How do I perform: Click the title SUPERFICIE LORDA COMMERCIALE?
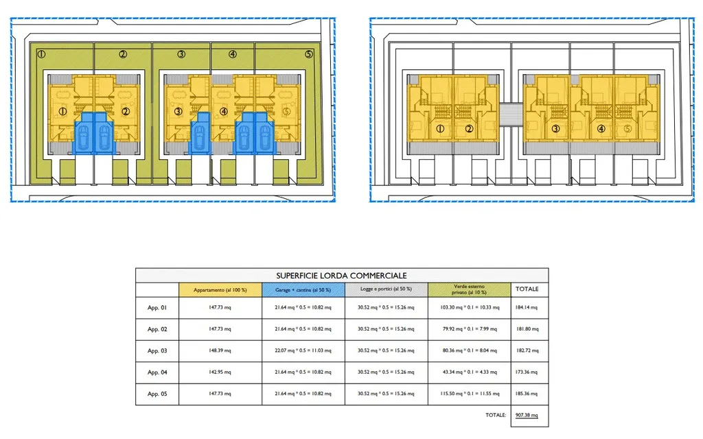pos(342,275)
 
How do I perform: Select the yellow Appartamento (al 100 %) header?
pos(220,289)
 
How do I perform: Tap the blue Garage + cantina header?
pos(303,289)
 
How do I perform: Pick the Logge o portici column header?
pos(386,289)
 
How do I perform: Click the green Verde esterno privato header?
pos(470,289)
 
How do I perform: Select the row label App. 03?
pos(157,351)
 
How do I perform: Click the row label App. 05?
pos(157,394)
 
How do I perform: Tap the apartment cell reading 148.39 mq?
pos(220,351)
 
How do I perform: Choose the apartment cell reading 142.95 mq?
pos(220,372)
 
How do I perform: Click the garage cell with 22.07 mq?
pos(303,351)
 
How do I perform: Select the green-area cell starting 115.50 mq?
pos(470,394)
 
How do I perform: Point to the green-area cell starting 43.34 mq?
pos(470,372)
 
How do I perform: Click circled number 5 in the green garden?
pos(308,54)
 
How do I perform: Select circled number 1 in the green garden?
pos(41,54)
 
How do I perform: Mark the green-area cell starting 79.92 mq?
pos(470,329)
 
